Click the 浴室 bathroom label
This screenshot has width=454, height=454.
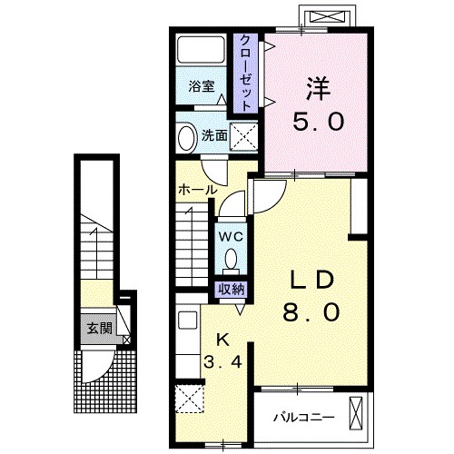pyautogui.click(x=202, y=86)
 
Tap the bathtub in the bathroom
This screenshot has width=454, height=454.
pyautogui.click(x=201, y=50)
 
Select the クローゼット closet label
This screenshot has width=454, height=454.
pyautogui.click(x=245, y=73)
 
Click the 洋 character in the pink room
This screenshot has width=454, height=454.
pyautogui.click(x=318, y=89)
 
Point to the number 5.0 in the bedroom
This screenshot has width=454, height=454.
pyautogui.click(x=318, y=121)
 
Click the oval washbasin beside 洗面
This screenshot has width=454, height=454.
pyautogui.click(x=187, y=137)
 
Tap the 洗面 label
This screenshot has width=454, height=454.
pyautogui.click(x=214, y=136)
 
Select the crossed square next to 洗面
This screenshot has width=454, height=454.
pyautogui.click(x=243, y=136)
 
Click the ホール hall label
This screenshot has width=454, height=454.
pyautogui.click(x=198, y=190)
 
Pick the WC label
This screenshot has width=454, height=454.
pyautogui.click(x=231, y=237)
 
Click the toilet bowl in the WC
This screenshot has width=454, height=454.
pyautogui.click(x=232, y=260)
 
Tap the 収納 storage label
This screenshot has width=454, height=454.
pyautogui.click(x=232, y=290)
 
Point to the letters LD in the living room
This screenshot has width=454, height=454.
pyautogui.click(x=311, y=281)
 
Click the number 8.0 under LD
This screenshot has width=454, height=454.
pyautogui.click(x=311, y=312)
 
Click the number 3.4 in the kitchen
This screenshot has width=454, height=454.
pyautogui.click(x=222, y=361)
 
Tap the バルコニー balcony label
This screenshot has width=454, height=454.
pyautogui.click(x=304, y=418)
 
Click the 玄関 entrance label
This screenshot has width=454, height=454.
pyautogui.click(x=100, y=328)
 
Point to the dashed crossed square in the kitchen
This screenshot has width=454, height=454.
pyautogui.click(x=190, y=399)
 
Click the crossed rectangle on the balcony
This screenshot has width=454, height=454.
pyautogui.click(x=356, y=413)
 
